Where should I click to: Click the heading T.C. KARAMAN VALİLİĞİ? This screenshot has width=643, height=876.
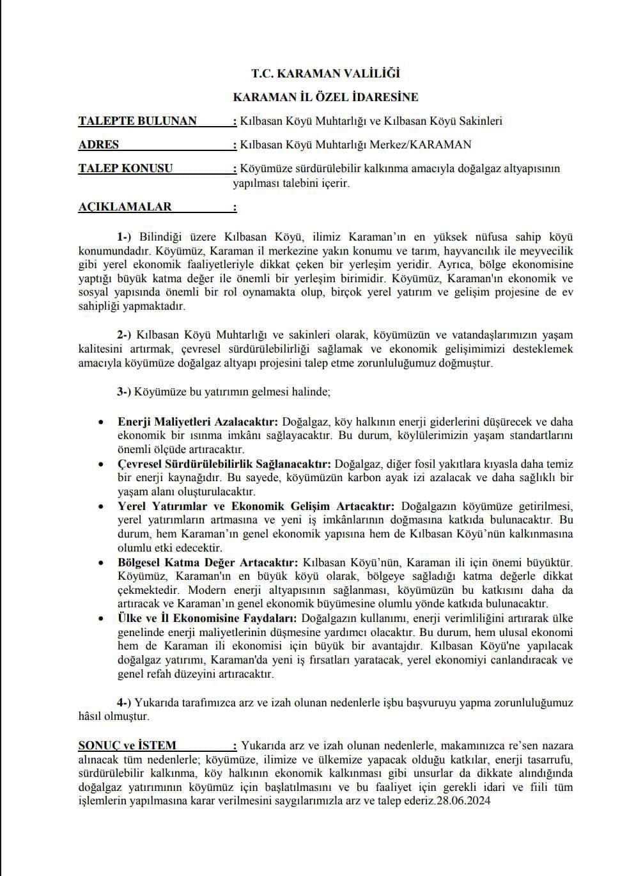325,74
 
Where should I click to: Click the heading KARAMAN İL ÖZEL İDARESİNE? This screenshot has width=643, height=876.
325,97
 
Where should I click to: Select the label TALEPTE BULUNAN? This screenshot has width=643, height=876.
137,121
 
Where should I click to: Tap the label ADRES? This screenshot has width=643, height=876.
98,145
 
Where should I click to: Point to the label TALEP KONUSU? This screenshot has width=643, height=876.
125,168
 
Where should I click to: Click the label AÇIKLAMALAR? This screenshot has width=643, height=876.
125,207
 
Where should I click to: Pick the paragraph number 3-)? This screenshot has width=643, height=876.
124,391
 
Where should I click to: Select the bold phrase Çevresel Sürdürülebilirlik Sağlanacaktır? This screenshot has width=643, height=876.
224,464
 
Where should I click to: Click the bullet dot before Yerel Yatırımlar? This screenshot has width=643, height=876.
101,506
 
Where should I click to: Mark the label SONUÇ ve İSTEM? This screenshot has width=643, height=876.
127,745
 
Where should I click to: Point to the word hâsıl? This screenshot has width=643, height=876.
90,717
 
